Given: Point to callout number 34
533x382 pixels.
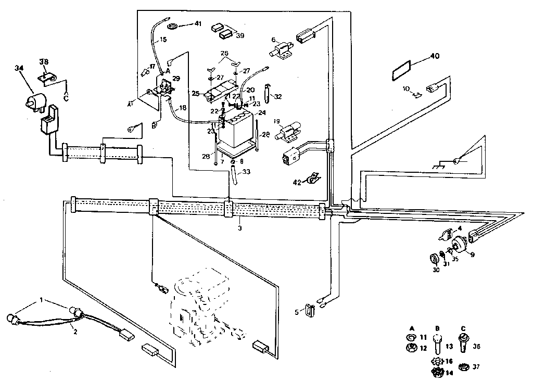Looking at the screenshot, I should tap(19, 68).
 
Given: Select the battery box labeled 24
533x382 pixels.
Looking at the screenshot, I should tap(235, 131).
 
